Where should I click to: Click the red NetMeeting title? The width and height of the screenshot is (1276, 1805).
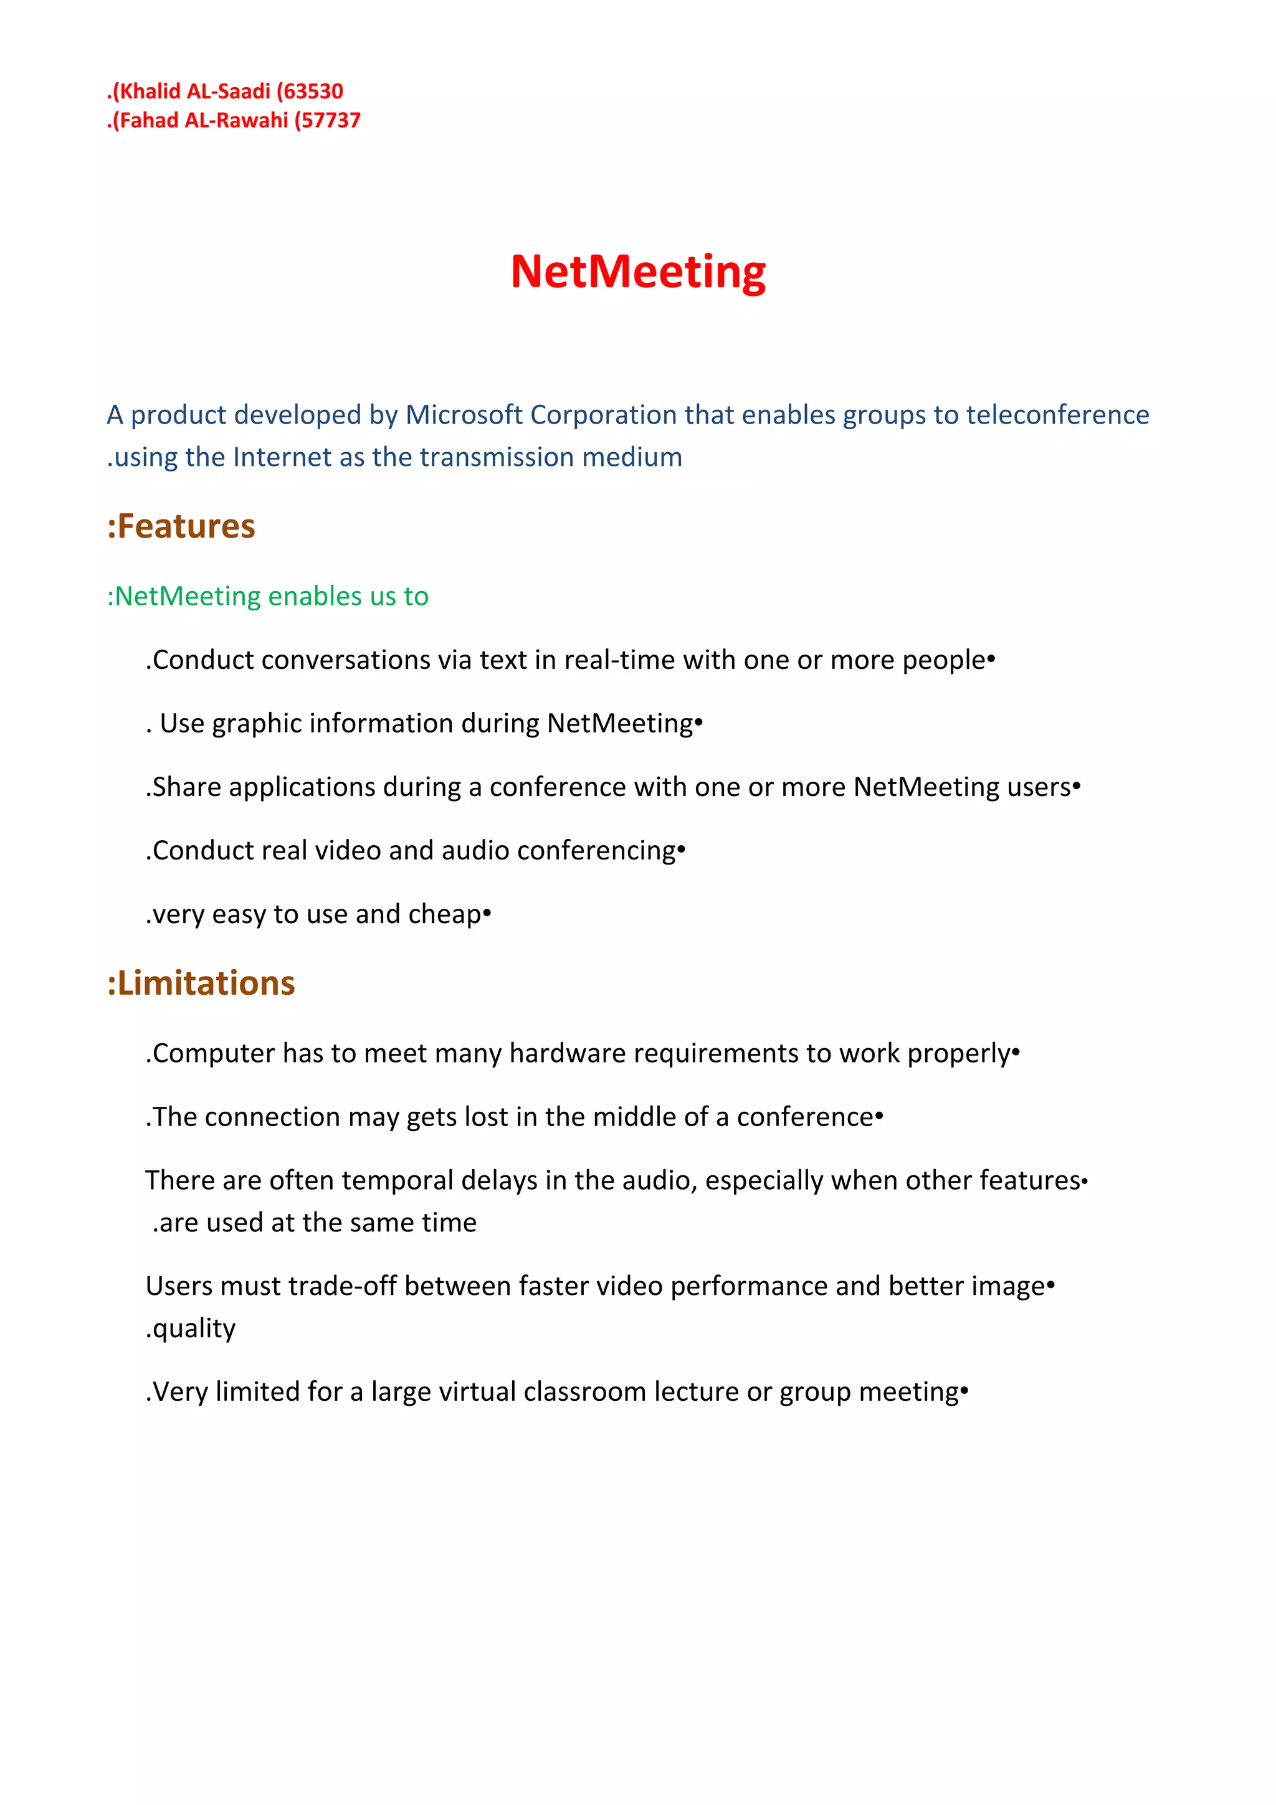637,272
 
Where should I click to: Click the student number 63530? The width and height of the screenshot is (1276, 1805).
313,91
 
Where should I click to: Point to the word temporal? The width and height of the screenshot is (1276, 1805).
397,1180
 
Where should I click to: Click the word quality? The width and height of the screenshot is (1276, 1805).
193,1328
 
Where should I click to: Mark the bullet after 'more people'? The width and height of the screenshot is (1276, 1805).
991,659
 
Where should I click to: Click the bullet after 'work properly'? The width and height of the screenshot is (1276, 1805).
1016,1052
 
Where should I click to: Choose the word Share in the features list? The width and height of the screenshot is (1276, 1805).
186,787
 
